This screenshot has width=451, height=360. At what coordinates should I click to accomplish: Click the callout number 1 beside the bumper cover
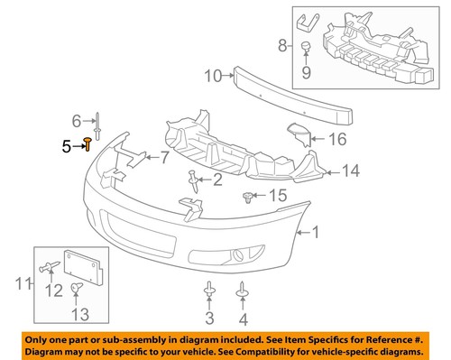click(x=316, y=233)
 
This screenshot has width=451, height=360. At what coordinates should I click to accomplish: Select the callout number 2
click(x=217, y=180)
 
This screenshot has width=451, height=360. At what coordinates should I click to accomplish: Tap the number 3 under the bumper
click(x=208, y=318)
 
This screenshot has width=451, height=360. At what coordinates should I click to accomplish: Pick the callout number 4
click(x=243, y=318)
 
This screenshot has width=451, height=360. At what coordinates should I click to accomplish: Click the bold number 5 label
click(x=66, y=143)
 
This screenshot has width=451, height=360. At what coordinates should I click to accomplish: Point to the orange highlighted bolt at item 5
click(x=88, y=143)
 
